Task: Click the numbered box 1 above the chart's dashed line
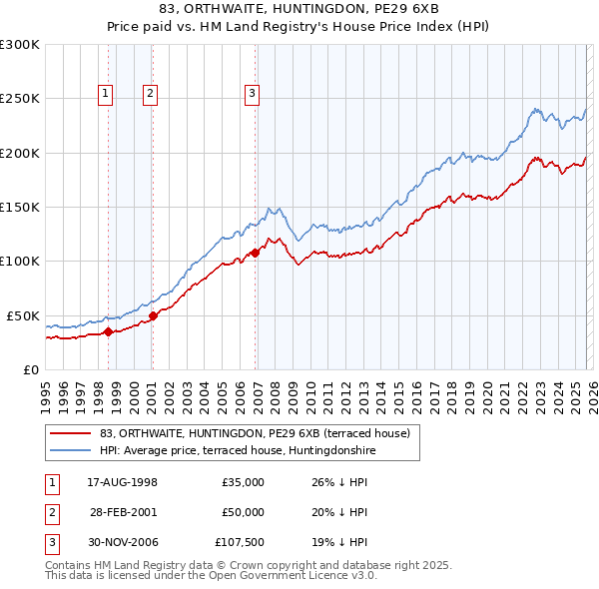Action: [x=106, y=95]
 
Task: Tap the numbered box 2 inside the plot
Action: [x=150, y=95]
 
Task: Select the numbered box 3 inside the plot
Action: [x=252, y=95]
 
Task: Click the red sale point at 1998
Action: [x=108, y=331]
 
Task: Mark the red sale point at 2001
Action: [x=153, y=315]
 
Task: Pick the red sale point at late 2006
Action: [x=255, y=253]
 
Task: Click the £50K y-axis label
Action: [x=23, y=315]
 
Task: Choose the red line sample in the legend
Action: [x=71, y=434]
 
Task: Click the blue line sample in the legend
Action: [x=71, y=451]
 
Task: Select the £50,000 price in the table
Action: [x=243, y=512]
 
